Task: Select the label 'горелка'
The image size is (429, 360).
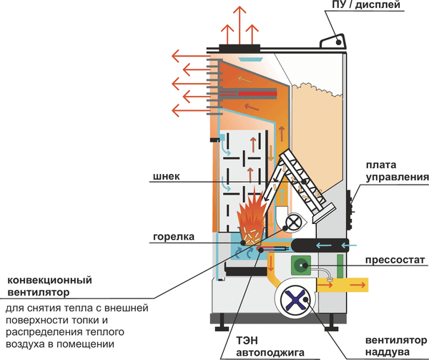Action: (x=169, y=235)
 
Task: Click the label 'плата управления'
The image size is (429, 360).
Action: (x=396, y=170)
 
